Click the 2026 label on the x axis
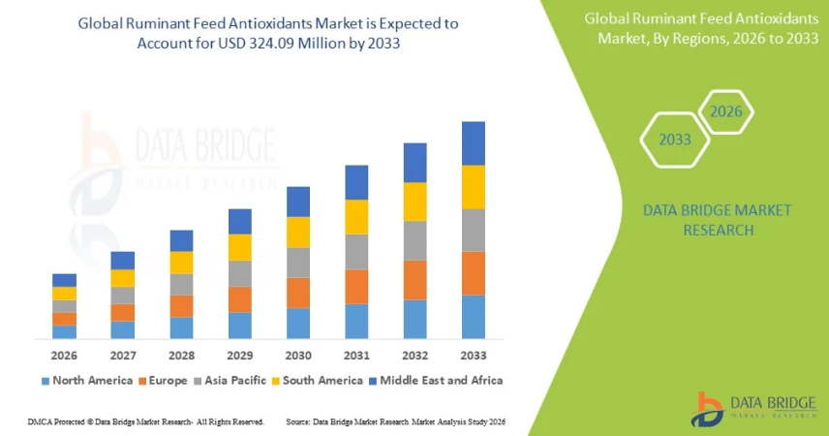click(64, 356)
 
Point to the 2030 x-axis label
click(297, 356)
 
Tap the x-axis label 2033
click(473, 356)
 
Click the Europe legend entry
click(168, 381)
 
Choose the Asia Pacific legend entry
click(232, 381)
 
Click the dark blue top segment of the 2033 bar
click(473, 143)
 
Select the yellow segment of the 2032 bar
click(414, 202)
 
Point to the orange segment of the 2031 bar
click(356, 287)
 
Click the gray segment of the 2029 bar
click(239, 273)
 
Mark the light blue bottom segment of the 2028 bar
click(181, 327)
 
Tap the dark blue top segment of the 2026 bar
click(64, 280)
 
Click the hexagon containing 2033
click(675, 140)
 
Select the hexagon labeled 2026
click(725, 111)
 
